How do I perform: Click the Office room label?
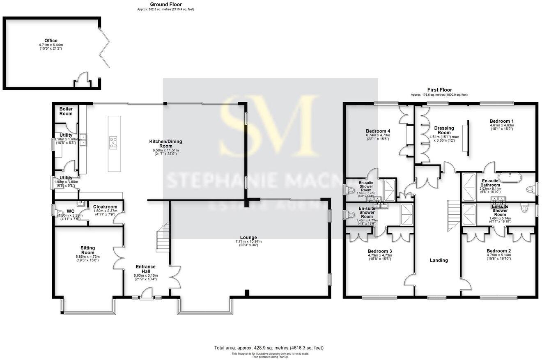[51, 41]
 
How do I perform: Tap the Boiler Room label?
[66, 111]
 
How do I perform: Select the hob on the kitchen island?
[113, 142]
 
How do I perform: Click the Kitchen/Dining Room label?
[165, 144]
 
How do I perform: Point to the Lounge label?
[248, 237]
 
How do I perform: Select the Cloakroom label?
[105, 207]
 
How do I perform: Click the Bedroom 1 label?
[501, 121]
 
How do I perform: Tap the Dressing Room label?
[444, 130]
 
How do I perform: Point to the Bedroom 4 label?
[377, 131]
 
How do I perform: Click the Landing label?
[439, 260]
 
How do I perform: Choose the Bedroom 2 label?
[498, 251]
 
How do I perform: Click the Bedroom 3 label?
[379, 251]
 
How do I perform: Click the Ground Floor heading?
[165, 5]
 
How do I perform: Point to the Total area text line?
[269, 348]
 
